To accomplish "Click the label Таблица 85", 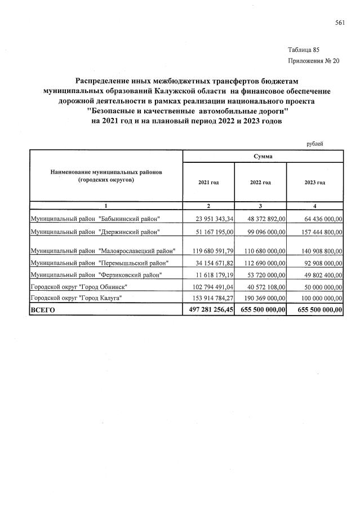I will pos(303,50).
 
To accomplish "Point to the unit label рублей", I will pos(314,144).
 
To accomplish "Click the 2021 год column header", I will pos(208,183).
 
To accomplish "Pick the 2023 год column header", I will pos(314,183).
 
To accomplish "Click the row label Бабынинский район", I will pos(95,219).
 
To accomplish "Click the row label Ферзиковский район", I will pos(96,274).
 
